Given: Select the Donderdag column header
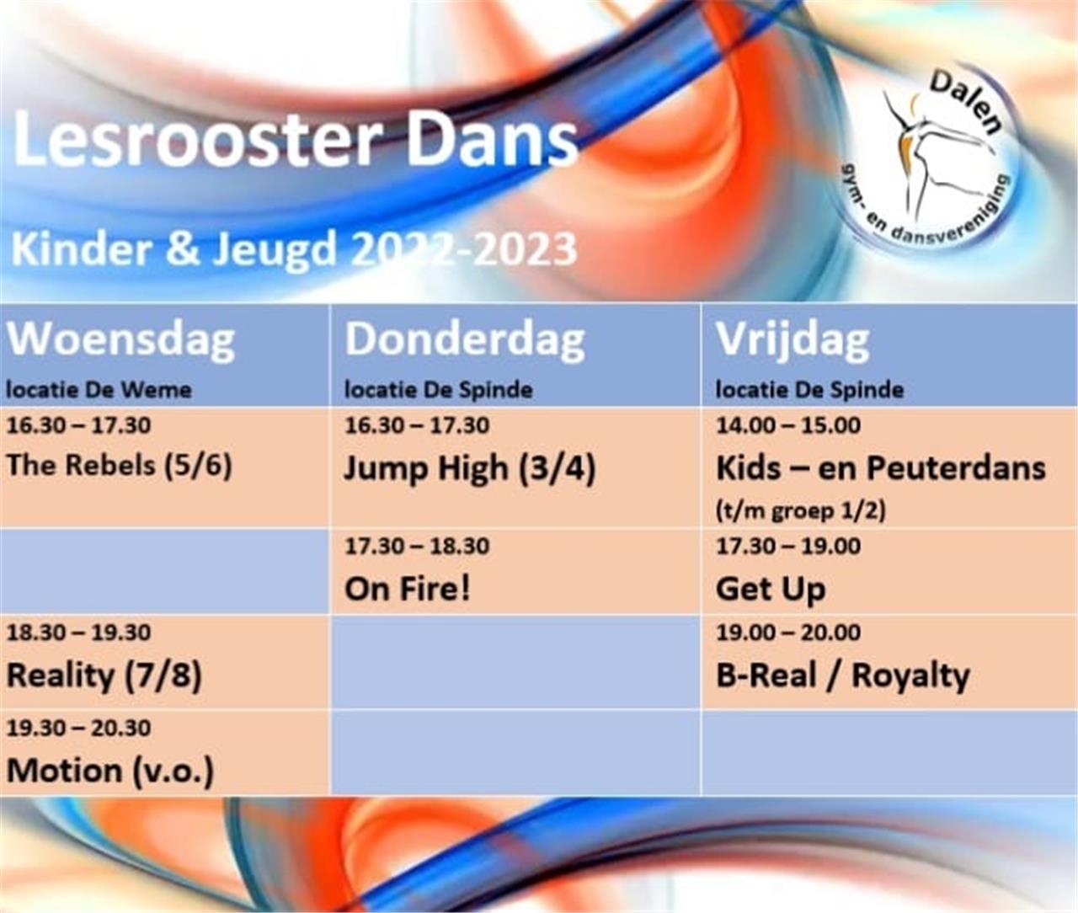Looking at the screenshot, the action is tap(465, 341).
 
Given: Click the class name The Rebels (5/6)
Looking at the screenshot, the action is tap(119, 466).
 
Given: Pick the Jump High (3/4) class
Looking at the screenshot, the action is tap(469, 468).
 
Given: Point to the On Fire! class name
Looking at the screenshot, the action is tap(408, 590).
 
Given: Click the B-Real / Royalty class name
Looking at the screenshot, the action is tap(843, 676).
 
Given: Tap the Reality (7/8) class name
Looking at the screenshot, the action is tap(104, 676).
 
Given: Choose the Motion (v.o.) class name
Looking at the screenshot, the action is tap(110, 772).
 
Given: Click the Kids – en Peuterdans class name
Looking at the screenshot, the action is tap(881, 468).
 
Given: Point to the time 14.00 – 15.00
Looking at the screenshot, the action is tap(788, 425).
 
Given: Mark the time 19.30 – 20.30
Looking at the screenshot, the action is tap(79, 729).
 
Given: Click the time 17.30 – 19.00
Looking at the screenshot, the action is tap(788, 547).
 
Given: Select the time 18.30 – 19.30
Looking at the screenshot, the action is tap(79, 633).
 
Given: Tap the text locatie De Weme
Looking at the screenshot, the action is tap(99, 390).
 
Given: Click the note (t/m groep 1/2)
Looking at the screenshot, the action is tap(801, 511).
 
